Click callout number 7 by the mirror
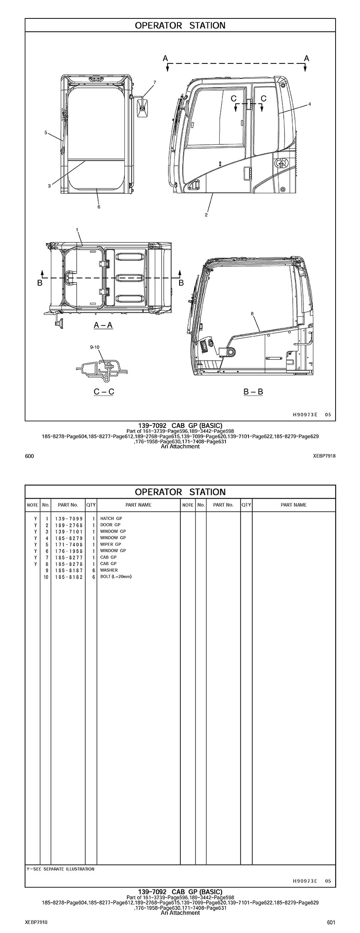tap(154, 82)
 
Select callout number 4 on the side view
tap(309, 104)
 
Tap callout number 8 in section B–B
tap(252, 314)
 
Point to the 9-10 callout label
tap(95, 347)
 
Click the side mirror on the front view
tap(142, 107)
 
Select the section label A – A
tap(103, 325)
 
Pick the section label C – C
tap(104, 391)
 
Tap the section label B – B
tap(253, 391)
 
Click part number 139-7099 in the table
tap(69, 518)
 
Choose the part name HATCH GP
tap(111, 518)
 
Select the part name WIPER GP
tap(111, 544)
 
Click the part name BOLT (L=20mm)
tap(116, 577)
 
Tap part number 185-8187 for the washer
tap(69, 570)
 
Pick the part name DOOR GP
tap(110, 525)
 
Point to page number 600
tap(30, 456)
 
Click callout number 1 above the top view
tap(77, 230)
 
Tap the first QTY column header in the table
tap(91, 505)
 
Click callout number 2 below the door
tap(206, 215)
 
